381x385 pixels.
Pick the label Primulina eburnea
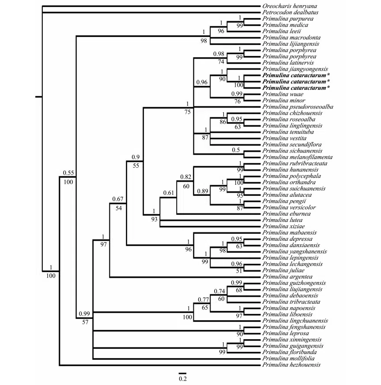(280, 213)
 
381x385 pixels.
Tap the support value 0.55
(67, 172)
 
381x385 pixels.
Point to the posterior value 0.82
(185, 177)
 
